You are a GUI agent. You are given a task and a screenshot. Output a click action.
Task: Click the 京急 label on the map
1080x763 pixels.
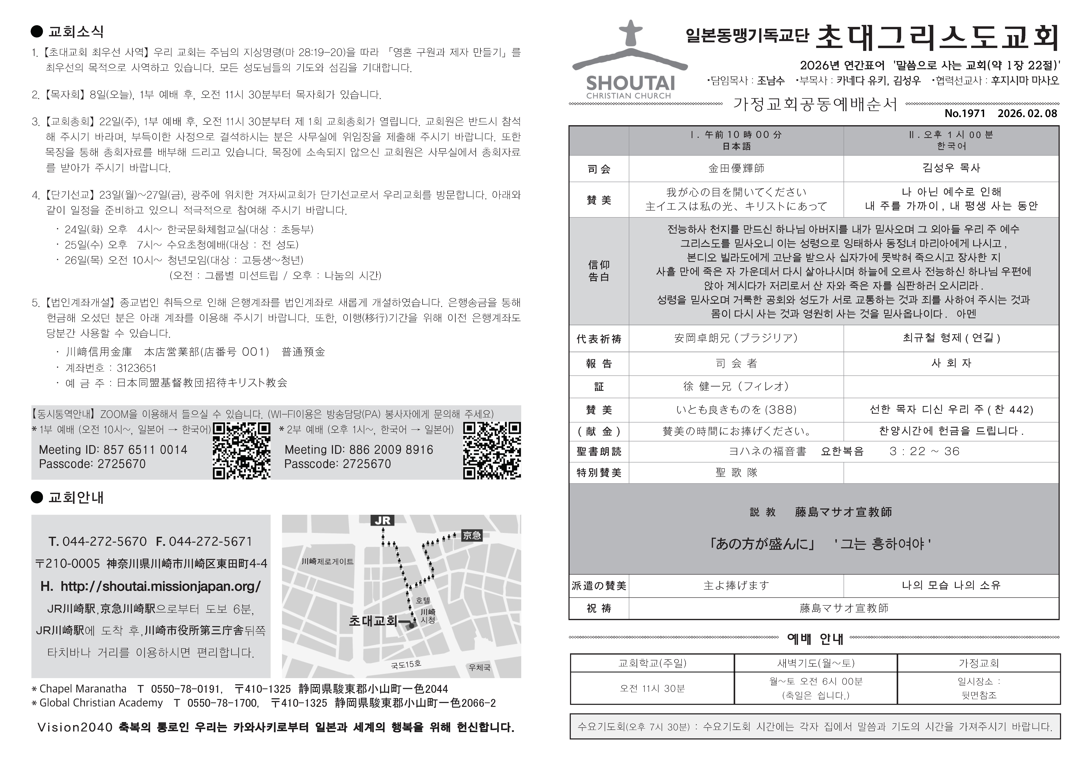tap(472, 535)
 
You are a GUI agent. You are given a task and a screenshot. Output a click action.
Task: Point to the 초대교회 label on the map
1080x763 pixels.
tap(373, 621)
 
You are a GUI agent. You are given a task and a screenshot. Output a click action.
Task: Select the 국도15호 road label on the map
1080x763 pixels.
tap(406, 664)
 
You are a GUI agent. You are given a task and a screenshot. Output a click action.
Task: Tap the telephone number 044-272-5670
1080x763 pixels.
tap(104, 542)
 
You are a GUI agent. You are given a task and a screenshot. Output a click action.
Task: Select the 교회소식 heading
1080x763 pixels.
tap(75, 32)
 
